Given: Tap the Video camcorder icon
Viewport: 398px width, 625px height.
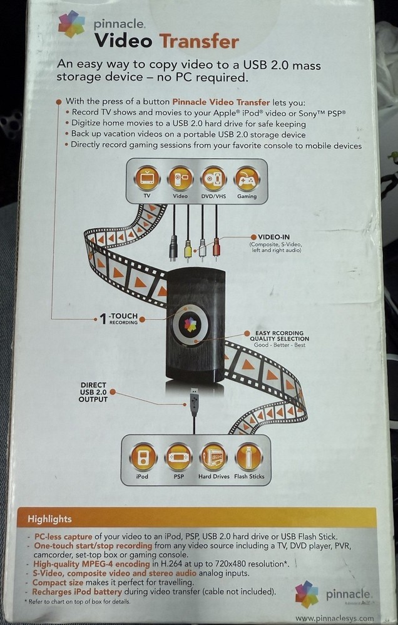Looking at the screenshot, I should click(x=180, y=178).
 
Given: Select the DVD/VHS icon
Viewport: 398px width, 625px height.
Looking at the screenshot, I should click(x=213, y=178).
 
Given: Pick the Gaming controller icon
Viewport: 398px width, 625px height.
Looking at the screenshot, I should click(x=247, y=178).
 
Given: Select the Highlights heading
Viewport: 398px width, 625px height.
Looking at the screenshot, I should click(x=49, y=519).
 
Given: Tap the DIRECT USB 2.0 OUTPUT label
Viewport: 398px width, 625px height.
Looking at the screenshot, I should click(x=93, y=391).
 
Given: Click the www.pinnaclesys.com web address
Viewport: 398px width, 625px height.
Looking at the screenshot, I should click(x=334, y=617).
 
